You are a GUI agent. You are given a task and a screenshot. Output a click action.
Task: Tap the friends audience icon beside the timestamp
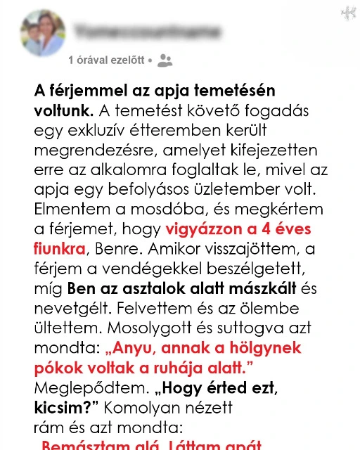click(165, 60)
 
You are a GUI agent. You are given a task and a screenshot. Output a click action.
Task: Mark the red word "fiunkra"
click(59, 249)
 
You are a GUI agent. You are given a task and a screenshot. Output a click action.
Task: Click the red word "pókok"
click(57, 367)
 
